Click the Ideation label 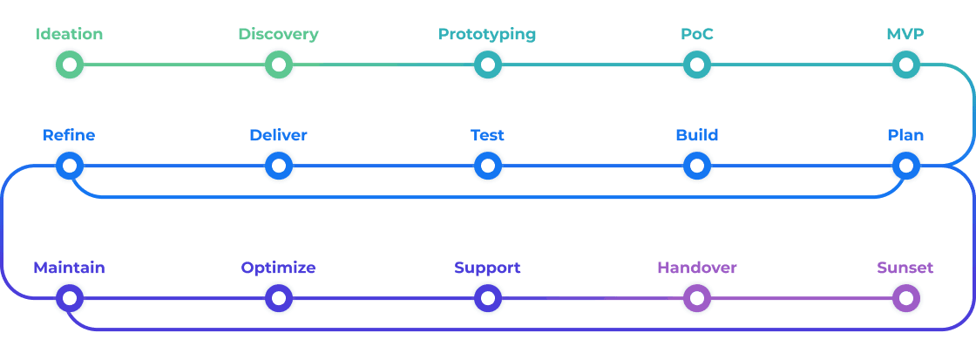[x=70, y=35]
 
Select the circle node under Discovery [x=279, y=65]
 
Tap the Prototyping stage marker [x=488, y=65]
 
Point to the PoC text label [x=696, y=35]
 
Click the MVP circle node [x=906, y=65]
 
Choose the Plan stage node [x=906, y=165]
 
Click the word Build [x=696, y=135]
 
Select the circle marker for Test [x=488, y=165]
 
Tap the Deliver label [x=278, y=135]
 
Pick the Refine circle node [x=70, y=165]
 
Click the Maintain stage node [x=70, y=299]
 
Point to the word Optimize [x=278, y=268]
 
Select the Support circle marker [x=488, y=299]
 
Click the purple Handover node [x=696, y=299]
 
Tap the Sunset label [x=905, y=268]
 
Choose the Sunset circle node [x=906, y=299]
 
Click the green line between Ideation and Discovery [x=174, y=65]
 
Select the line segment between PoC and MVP [x=802, y=65]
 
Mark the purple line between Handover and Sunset [x=802, y=299]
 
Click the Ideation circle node [x=70, y=65]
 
